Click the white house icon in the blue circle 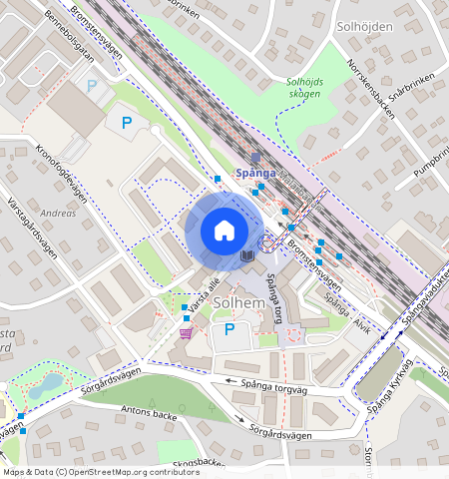click(224, 231)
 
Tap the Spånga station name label click(254, 173)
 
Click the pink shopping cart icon click(186, 332)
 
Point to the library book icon click(246, 257)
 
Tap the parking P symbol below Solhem click(228, 329)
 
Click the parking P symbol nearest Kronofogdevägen click(126, 124)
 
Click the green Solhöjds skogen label click(303, 88)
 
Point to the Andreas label click(57, 214)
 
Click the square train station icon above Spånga click(255, 158)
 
